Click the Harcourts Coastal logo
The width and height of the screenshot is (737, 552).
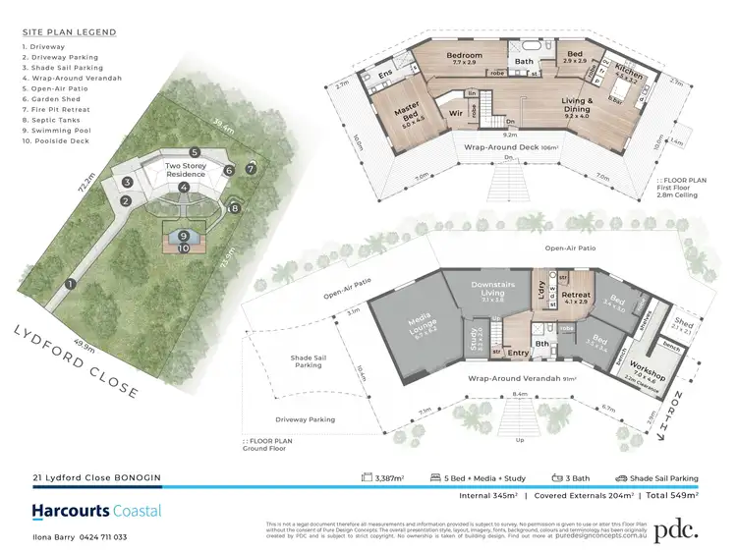click(x=96, y=511)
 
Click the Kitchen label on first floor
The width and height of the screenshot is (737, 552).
click(x=627, y=75)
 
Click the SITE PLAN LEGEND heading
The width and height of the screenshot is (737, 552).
click(x=68, y=32)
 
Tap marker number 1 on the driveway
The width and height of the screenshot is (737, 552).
click(x=70, y=283)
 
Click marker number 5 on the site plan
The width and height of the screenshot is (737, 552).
click(x=196, y=152)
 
